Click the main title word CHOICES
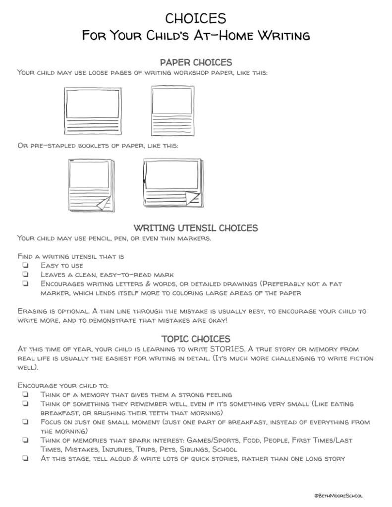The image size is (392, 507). click(196, 18)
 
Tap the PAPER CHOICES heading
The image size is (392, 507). click(196, 62)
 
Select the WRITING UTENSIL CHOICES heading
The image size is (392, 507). click(196, 228)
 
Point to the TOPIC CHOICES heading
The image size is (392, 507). click(196, 339)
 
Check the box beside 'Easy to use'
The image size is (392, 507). click(24, 266)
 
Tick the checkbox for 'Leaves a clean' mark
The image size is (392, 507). click(24, 275)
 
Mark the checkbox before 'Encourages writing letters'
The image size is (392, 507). click(24, 284)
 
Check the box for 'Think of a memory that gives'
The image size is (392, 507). click(24, 394)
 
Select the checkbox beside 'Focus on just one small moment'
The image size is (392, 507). click(24, 422)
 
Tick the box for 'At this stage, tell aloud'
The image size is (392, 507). click(24, 458)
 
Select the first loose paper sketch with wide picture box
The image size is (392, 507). click(92, 112)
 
